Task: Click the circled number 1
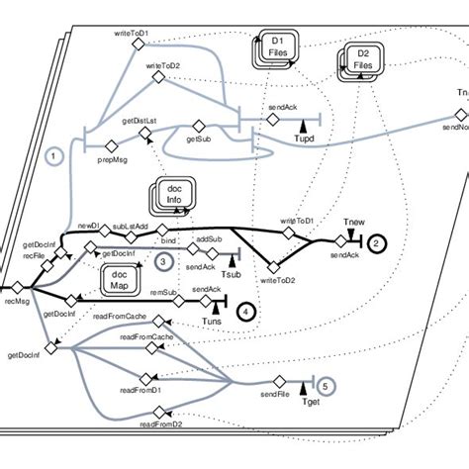pyautogui.click(x=55, y=155)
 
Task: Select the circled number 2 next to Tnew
pyautogui.click(x=376, y=242)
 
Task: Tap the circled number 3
pyautogui.click(x=162, y=260)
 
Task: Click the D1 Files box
pyautogui.click(x=276, y=46)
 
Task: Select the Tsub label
pyautogui.click(x=232, y=274)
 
